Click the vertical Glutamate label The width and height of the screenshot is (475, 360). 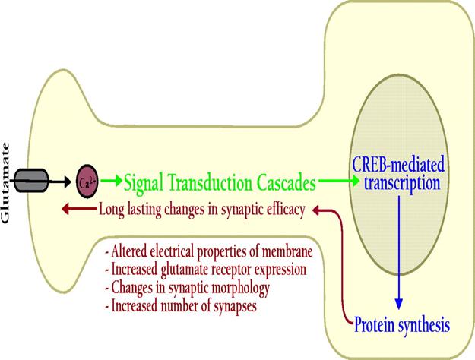coord(5,183)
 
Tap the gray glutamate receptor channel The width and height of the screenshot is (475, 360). coord(31,181)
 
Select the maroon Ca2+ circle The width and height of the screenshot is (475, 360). coord(87,182)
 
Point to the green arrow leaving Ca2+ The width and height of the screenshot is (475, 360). coord(112,181)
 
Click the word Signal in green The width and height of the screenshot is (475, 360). coord(144,182)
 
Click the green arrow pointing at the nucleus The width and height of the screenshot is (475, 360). coord(339,181)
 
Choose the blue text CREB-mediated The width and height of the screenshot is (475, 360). coord(398,164)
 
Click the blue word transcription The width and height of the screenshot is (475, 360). coord(402,184)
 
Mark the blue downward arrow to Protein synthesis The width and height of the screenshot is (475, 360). coord(399,252)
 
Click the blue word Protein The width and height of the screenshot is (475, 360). coord(374,325)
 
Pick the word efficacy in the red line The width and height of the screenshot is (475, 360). coord(285,210)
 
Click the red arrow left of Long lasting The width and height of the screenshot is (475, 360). coord(79,209)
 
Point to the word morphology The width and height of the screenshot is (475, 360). coord(240,289)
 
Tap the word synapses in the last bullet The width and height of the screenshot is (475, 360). coord(235,306)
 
